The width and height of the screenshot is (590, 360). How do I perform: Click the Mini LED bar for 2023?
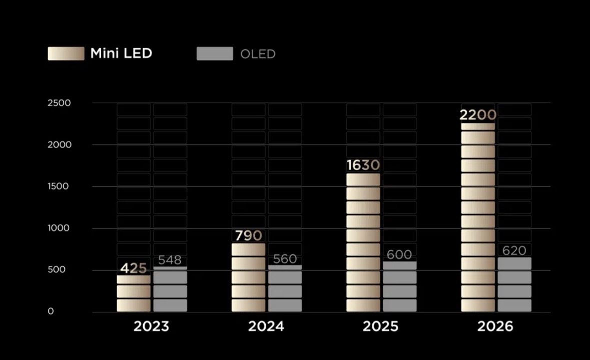134,293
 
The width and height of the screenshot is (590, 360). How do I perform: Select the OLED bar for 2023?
170,289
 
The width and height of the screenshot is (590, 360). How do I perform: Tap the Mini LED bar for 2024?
248,277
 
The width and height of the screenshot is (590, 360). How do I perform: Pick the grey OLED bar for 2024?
285,288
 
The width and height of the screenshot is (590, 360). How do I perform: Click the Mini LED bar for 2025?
363,242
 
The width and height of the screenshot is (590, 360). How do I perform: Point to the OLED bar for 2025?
400,286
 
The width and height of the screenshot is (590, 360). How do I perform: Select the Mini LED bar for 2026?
478,217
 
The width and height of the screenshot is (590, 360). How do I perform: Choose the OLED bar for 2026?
514,284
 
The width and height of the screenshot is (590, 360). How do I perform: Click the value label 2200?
478,114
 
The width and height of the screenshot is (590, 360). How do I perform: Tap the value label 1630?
363,165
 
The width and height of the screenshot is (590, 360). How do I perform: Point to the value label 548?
170,259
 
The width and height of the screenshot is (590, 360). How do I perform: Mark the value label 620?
514,250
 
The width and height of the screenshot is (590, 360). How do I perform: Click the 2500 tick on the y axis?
59,103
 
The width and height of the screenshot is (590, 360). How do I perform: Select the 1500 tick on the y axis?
58,186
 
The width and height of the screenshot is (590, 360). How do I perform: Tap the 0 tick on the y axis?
51,311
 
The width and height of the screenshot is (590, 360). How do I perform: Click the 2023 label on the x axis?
151,326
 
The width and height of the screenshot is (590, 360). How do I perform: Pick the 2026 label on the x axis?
495,326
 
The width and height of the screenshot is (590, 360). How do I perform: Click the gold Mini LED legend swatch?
66,53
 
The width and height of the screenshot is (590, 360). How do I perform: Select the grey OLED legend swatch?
215,53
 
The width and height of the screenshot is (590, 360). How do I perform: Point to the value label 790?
248,235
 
